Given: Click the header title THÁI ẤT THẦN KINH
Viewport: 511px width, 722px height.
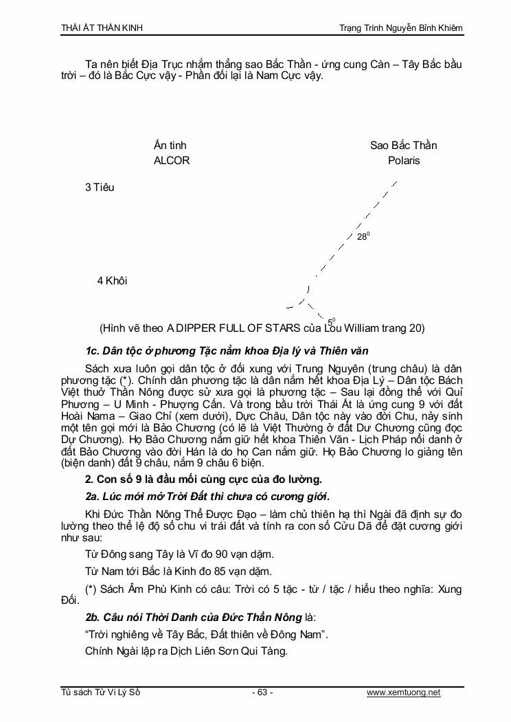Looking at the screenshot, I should point(102,27).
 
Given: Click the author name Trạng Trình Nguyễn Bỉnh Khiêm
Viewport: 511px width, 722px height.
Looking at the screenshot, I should point(401,27).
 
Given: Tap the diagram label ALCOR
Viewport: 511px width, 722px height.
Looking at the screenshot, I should point(172,161).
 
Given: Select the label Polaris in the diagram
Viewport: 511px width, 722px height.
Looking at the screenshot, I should point(404,161).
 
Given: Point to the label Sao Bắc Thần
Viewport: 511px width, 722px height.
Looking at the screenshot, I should point(404,146).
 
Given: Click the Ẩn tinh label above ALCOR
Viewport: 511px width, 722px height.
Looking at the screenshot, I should point(170,146).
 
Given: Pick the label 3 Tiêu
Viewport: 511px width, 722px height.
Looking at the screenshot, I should point(100,188).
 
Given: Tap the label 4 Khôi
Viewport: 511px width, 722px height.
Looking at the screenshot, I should point(112,281).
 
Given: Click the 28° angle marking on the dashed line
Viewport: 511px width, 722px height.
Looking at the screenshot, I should point(363,237).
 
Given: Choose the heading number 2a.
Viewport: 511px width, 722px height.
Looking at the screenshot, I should point(93,496).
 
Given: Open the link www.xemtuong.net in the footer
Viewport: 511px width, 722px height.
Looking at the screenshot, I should point(403,692).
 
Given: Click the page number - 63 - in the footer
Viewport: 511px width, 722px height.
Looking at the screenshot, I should point(262,692).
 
